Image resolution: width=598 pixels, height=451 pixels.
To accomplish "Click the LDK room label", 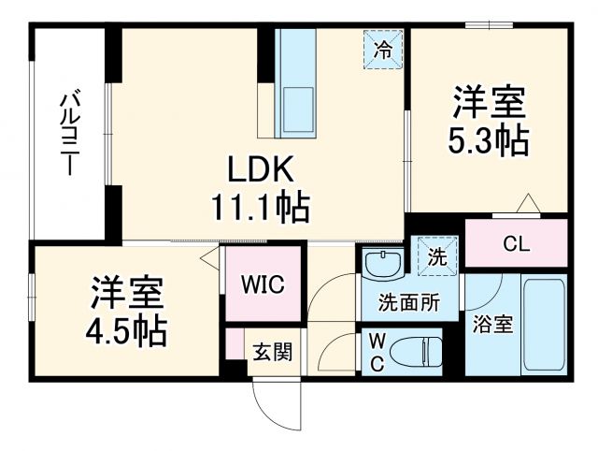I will tap(263, 171).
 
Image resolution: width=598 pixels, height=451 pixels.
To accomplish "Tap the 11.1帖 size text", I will tap(263, 207).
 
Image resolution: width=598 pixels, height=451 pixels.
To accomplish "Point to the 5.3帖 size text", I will tap(489, 140).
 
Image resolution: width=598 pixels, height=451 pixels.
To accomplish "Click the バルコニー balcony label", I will tap(68, 131).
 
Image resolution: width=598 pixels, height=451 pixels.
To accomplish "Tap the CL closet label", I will tap(516, 245).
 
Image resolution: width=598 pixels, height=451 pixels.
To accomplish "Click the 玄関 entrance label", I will tap(273, 352).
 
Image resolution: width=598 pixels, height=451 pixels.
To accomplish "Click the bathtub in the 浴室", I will tap(544, 324).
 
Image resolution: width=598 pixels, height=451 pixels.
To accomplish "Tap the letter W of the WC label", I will tap(377, 342).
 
